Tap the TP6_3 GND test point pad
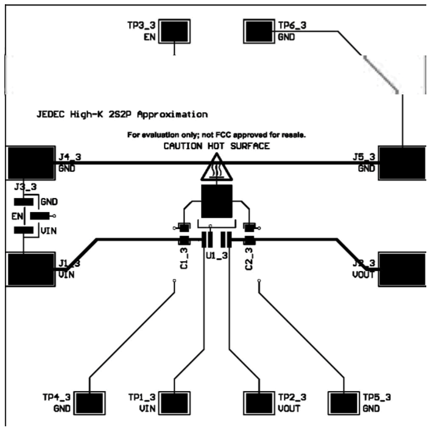[261, 30]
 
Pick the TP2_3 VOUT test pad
[260, 403]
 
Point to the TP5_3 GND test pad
[344, 403]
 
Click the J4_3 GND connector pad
[30, 163]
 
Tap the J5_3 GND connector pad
[402, 163]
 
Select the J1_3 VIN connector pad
[30, 269]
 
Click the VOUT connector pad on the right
[402, 269]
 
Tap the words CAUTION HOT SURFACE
[216, 146]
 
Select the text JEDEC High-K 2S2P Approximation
[122, 114]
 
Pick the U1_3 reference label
[217, 257]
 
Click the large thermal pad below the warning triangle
[217, 202]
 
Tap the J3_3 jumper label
[25, 186]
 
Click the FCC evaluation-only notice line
[216, 134]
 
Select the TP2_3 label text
[292, 397]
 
